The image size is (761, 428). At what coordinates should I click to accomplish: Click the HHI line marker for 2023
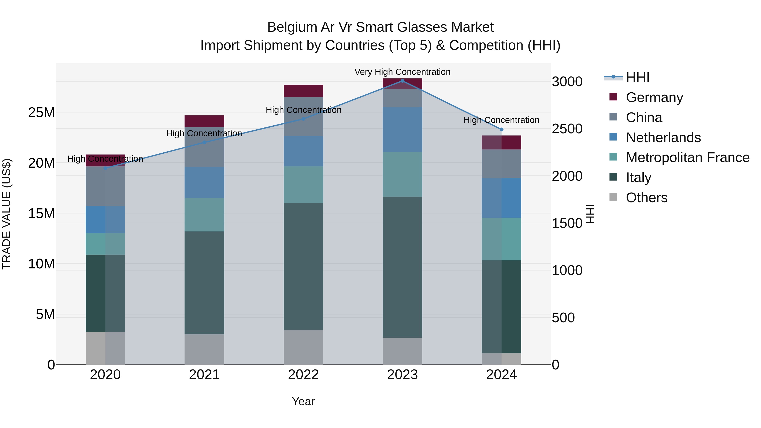click(402, 81)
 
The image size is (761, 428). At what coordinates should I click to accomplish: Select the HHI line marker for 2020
click(105, 168)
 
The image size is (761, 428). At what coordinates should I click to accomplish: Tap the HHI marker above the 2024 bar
click(501, 129)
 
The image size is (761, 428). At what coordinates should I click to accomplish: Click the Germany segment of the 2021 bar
click(204, 121)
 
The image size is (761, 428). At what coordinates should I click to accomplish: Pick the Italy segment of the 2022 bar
click(303, 266)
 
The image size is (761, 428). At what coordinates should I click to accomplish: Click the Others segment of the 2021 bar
click(204, 349)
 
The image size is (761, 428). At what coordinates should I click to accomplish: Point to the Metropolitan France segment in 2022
click(303, 185)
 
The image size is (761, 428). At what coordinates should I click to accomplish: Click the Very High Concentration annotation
click(402, 72)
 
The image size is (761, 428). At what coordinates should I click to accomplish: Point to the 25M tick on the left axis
click(41, 112)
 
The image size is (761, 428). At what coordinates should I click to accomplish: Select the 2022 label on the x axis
click(303, 375)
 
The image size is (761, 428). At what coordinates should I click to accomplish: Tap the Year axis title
click(303, 401)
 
